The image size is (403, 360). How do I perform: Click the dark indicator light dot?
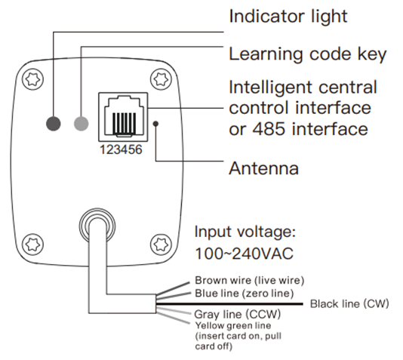pos(54,124)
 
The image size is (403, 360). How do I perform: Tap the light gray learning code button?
pos(82,124)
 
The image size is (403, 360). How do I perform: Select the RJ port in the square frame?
pos(123,117)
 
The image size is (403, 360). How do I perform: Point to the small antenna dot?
pos(155,124)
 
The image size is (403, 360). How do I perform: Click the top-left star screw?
pos(33,79)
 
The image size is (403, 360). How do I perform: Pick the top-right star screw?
pos(161,79)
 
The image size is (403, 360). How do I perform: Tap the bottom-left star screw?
pos(33,244)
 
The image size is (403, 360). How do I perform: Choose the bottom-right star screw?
pos(161,244)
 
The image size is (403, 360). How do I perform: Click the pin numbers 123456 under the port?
pos(121,149)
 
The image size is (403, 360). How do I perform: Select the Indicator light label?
pos(288,16)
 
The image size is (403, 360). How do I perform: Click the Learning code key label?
pos(308,54)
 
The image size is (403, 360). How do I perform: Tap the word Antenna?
pos(263,168)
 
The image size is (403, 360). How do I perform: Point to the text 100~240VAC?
pos(245,254)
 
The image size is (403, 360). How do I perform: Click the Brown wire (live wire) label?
pos(250,280)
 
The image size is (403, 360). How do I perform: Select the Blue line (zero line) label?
pos(245,293)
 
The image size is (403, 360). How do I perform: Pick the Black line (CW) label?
pos(349,304)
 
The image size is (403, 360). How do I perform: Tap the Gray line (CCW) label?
pos(238,314)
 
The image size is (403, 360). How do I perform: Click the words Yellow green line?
pos(233,326)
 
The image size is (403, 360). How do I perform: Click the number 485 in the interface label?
pos(269,129)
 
